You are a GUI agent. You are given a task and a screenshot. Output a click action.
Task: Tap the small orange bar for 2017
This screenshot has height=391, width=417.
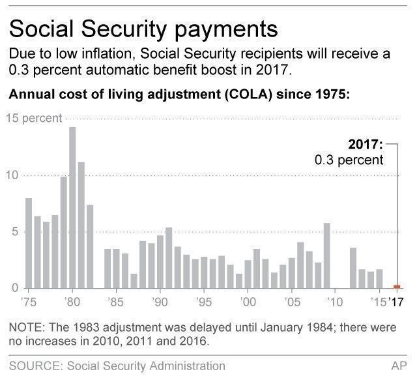(x=397, y=286)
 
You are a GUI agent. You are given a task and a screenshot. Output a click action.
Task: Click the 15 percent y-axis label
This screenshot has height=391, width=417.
(x=34, y=119)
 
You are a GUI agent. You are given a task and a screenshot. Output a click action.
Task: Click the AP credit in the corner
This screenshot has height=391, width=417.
(x=399, y=367)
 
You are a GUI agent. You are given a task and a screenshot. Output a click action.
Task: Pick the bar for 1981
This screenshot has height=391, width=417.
(x=81, y=225)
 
